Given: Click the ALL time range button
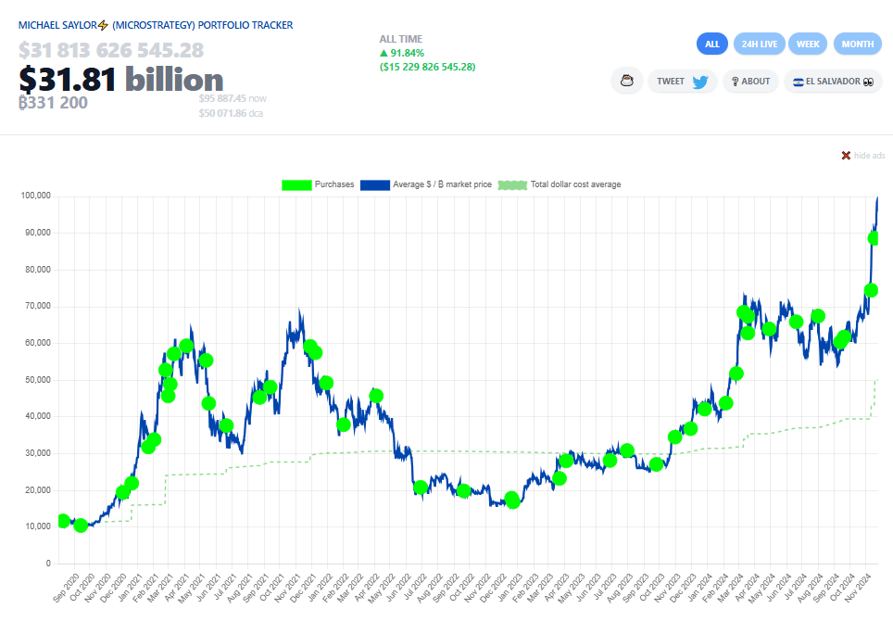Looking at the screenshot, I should (712, 44).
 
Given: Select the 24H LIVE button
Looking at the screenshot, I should (760, 44).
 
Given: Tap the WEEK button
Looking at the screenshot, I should (808, 44).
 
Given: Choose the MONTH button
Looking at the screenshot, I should (858, 44).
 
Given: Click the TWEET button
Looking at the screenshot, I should (683, 82).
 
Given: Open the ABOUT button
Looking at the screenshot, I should (750, 82).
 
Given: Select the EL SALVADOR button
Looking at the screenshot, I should (832, 82).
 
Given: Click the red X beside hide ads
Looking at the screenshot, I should (846, 156).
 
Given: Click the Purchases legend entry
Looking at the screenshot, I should (318, 184).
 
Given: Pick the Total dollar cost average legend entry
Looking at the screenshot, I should (560, 184).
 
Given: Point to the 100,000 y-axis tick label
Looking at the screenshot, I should (33, 196).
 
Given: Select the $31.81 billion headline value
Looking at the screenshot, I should (121, 80).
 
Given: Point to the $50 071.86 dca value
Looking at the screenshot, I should (232, 113).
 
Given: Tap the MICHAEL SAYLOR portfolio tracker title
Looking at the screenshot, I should (156, 25).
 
